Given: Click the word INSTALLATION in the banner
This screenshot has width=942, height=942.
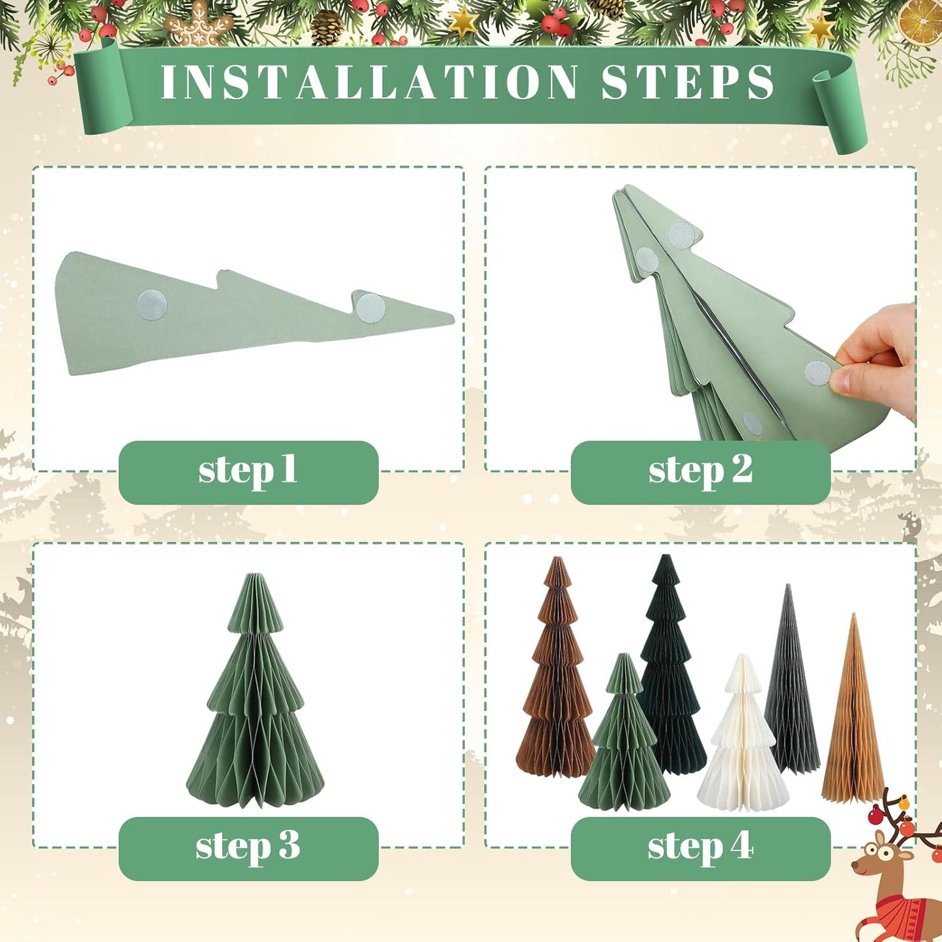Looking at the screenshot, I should tap(368, 83).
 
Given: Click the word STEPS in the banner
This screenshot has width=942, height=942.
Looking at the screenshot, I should tap(688, 83).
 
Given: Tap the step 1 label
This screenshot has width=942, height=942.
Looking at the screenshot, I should tap(248, 471).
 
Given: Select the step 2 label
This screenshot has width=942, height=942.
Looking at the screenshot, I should tap(700, 471).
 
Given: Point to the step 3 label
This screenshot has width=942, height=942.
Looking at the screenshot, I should tap(248, 847).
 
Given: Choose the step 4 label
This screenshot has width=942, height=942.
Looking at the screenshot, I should tap(700, 847).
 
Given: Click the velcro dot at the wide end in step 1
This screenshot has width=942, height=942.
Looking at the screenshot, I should tap(152, 304).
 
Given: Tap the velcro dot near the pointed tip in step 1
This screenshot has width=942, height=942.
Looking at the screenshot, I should tap(370, 308).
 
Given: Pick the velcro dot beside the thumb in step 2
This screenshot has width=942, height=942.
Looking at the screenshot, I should tap(817, 373).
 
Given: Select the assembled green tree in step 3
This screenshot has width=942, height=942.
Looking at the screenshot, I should tap(256, 698).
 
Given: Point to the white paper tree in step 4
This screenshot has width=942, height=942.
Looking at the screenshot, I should tap(743, 740).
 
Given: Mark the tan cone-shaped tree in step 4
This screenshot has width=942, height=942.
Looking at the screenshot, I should tap(853, 717).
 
